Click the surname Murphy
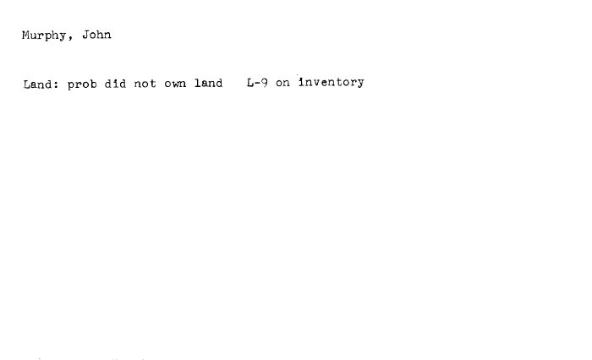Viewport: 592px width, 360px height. coord(44,35)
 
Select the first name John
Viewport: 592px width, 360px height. coord(96,35)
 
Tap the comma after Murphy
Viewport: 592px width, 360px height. coord(70,38)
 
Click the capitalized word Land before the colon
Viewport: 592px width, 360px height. coord(38,84)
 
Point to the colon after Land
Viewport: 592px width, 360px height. coord(56,85)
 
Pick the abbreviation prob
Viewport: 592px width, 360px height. coord(82,85)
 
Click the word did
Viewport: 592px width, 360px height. coord(115,84)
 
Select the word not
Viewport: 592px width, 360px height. coord(145,84)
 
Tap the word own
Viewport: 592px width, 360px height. coord(175,84)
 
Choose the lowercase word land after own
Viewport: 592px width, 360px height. coord(208,83)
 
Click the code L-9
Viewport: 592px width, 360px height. coord(257,83)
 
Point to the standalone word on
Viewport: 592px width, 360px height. coord(282,83)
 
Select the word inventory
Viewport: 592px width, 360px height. coord(332,82)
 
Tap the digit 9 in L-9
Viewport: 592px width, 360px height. coord(264,83)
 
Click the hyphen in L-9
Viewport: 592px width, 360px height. coord(257,83)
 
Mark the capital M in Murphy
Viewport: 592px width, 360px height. coord(25,35)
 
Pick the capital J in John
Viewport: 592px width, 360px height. coord(85,35)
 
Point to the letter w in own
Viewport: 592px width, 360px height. coord(175,84)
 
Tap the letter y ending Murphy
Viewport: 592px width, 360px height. coord(63,37)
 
